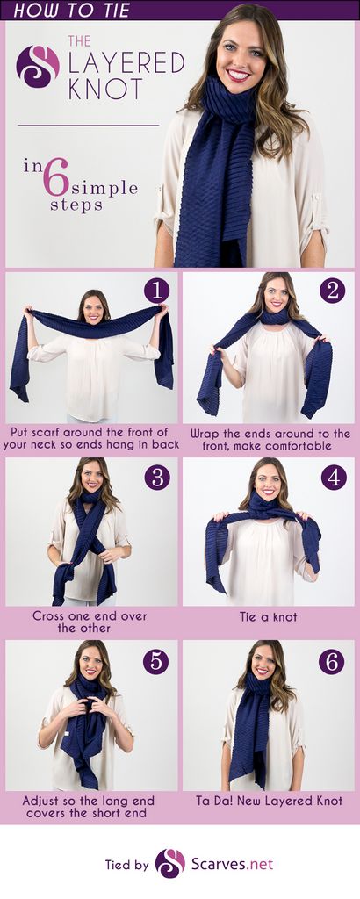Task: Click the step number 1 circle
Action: click(x=156, y=291)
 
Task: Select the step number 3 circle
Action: click(x=157, y=477)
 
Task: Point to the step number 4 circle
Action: click(x=334, y=477)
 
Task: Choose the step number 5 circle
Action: click(x=156, y=662)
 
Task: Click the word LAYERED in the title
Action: click(x=126, y=62)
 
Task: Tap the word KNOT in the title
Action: click(x=104, y=89)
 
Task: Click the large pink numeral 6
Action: click(x=55, y=177)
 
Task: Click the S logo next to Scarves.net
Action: click(x=170, y=864)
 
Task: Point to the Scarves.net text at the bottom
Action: click(x=232, y=864)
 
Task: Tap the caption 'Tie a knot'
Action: click(x=269, y=617)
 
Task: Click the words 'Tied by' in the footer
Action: click(x=126, y=865)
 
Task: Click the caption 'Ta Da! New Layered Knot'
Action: click(x=269, y=801)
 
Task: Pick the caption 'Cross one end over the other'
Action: click(x=90, y=622)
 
